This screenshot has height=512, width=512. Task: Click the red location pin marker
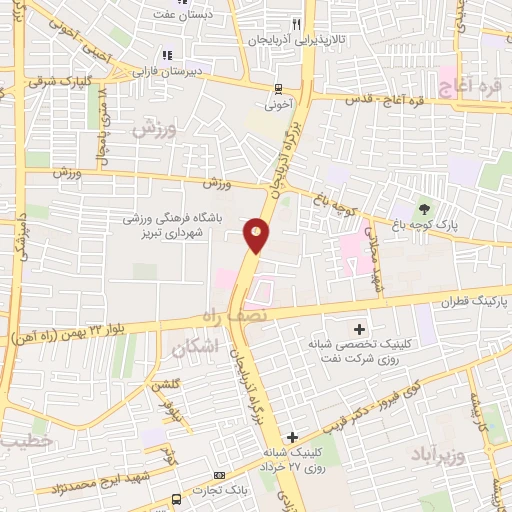tap(257, 236)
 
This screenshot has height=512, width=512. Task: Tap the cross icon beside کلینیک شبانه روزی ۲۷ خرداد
tap(291, 437)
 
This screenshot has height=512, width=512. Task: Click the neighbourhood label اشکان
tap(193, 348)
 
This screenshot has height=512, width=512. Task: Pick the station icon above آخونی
tap(279, 87)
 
